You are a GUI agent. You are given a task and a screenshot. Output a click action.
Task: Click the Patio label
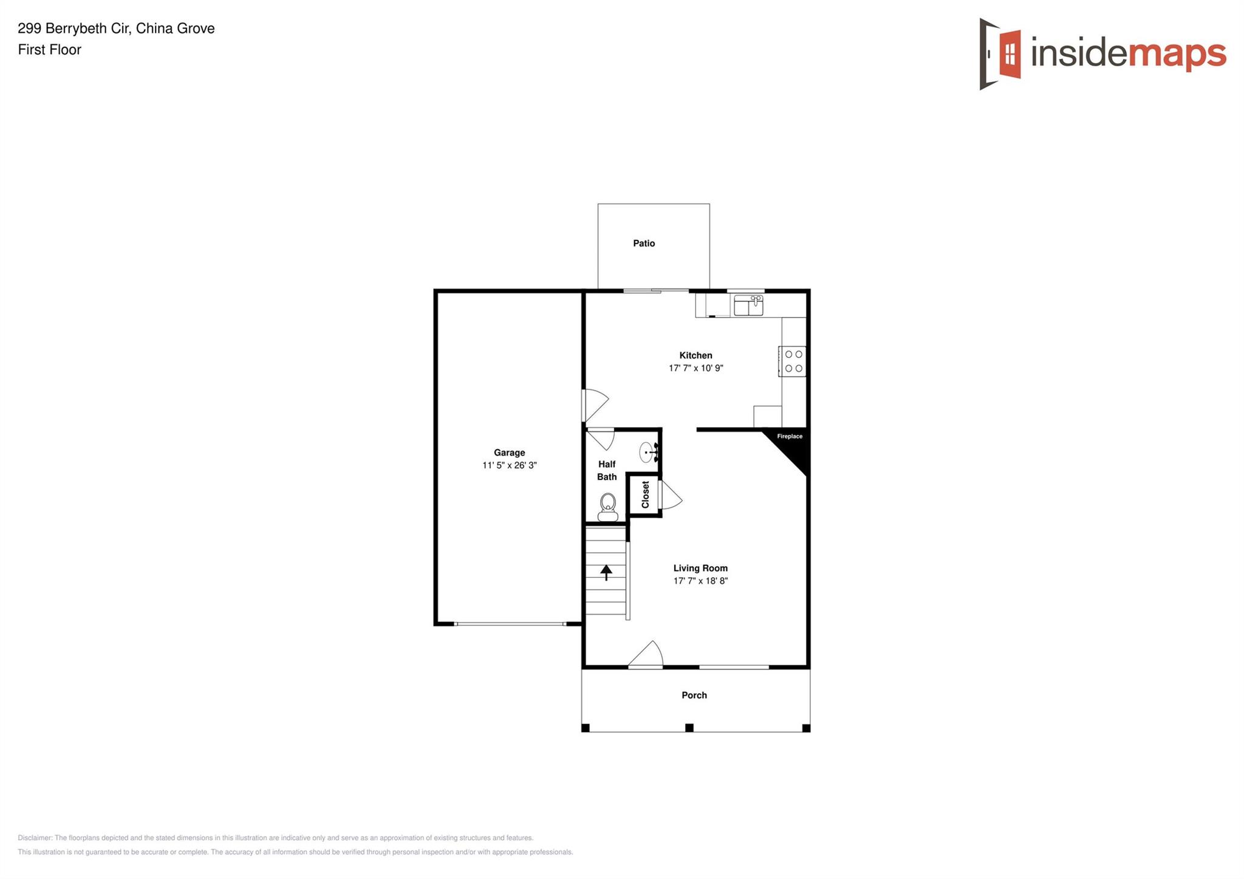pos(644,244)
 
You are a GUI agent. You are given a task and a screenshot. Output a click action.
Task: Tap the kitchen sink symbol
pos(748,305)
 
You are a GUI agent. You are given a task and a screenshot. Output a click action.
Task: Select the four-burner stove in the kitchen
pos(793,361)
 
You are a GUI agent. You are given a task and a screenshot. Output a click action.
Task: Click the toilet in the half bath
pos(607,508)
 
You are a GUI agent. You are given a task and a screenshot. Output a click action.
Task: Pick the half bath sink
pos(649,453)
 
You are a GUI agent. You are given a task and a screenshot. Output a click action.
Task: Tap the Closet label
pos(645,494)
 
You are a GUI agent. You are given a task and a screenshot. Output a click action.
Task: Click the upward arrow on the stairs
pos(606,572)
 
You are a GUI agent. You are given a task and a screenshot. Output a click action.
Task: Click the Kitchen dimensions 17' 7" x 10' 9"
pos(696,368)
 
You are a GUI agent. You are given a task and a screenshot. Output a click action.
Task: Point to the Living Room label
pos(700,568)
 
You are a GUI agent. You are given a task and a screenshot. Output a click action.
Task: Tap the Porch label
pos(694,696)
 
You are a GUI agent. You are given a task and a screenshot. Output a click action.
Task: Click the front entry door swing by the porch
pos(646,655)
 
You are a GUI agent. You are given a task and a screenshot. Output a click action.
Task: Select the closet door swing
pos(670,495)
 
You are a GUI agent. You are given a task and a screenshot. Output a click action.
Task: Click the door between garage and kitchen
pos(595,405)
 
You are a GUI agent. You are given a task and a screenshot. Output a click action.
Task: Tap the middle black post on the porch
pos(689,728)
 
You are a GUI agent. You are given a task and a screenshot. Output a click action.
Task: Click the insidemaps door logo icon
pos(1000,54)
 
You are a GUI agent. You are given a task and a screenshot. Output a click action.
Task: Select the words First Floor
pos(50,50)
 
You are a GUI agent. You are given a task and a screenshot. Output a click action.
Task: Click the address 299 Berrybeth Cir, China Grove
pos(116,29)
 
